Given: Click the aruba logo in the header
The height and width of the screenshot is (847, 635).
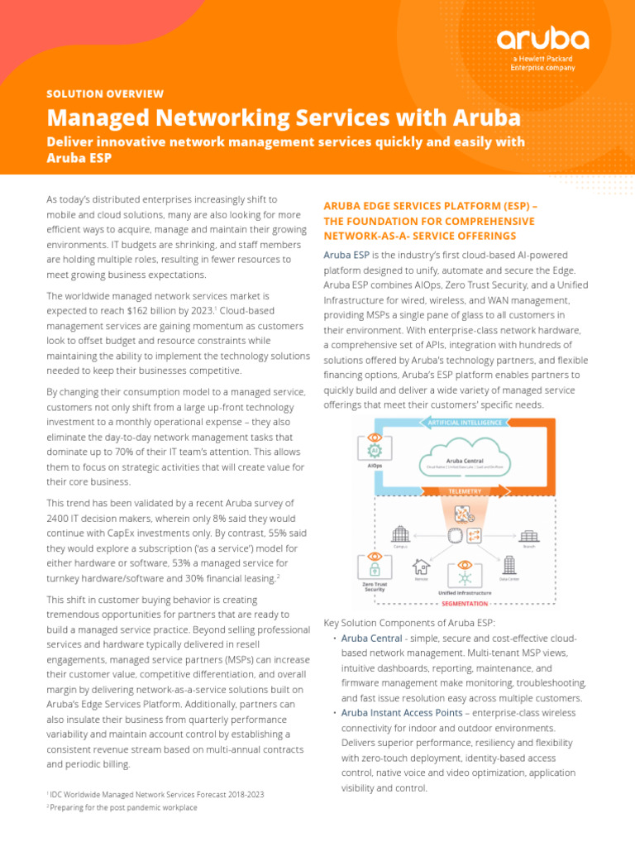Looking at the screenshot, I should [x=542, y=39].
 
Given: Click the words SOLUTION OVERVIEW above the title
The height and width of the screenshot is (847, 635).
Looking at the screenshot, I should [x=105, y=94].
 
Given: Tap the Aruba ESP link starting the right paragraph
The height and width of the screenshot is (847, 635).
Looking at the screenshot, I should [x=346, y=255].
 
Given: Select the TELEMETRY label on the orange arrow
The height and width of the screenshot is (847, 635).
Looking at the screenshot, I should [x=464, y=490].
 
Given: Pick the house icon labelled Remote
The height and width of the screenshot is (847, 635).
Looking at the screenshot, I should [x=421, y=567].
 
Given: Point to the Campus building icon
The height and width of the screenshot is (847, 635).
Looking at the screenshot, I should [x=401, y=534].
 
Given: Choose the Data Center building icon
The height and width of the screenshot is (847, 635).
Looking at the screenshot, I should [x=509, y=565].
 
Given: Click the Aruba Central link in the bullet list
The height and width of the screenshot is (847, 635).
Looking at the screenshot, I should [x=371, y=639].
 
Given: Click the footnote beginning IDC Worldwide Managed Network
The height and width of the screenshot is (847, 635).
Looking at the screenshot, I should [x=157, y=794].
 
